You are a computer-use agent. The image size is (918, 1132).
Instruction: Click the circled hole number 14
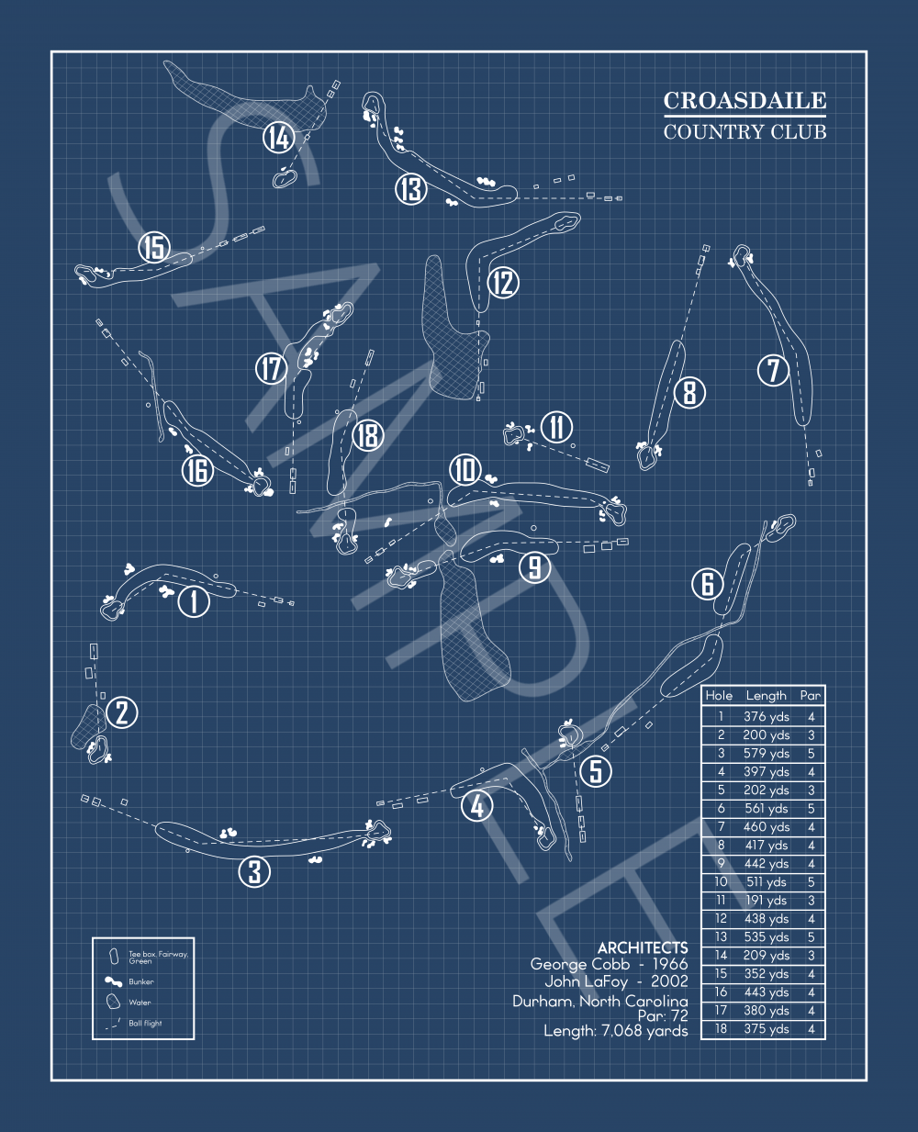[278, 138]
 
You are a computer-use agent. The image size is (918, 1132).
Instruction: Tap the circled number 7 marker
[773, 370]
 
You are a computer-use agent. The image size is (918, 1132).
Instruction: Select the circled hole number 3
[254, 871]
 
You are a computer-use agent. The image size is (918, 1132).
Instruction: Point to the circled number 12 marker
[503, 282]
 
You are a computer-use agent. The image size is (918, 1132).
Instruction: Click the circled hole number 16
[197, 470]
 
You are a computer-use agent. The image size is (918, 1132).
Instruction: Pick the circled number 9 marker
[535, 566]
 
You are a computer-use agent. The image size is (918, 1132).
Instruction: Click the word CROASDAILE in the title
[744, 101]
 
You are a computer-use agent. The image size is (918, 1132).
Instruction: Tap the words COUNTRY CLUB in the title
[744, 132]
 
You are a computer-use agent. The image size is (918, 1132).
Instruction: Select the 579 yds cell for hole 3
[767, 754]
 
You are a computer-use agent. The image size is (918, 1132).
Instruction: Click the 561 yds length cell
[767, 809]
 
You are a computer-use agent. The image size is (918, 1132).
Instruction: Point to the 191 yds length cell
[767, 901]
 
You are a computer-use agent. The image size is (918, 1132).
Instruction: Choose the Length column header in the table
[767, 696]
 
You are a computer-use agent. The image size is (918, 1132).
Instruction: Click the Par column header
[811, 696]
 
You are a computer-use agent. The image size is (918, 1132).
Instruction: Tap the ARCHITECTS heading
[642, 947]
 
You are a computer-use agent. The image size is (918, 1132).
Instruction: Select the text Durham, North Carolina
[599, 1001]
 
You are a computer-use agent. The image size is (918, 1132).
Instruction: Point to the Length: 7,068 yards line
[615, 1031]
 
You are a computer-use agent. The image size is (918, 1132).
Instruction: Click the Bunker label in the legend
[141, 981]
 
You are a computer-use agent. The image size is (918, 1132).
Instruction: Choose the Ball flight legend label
[145, 1023]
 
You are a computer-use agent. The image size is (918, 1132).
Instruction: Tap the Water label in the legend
[140, 1003]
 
